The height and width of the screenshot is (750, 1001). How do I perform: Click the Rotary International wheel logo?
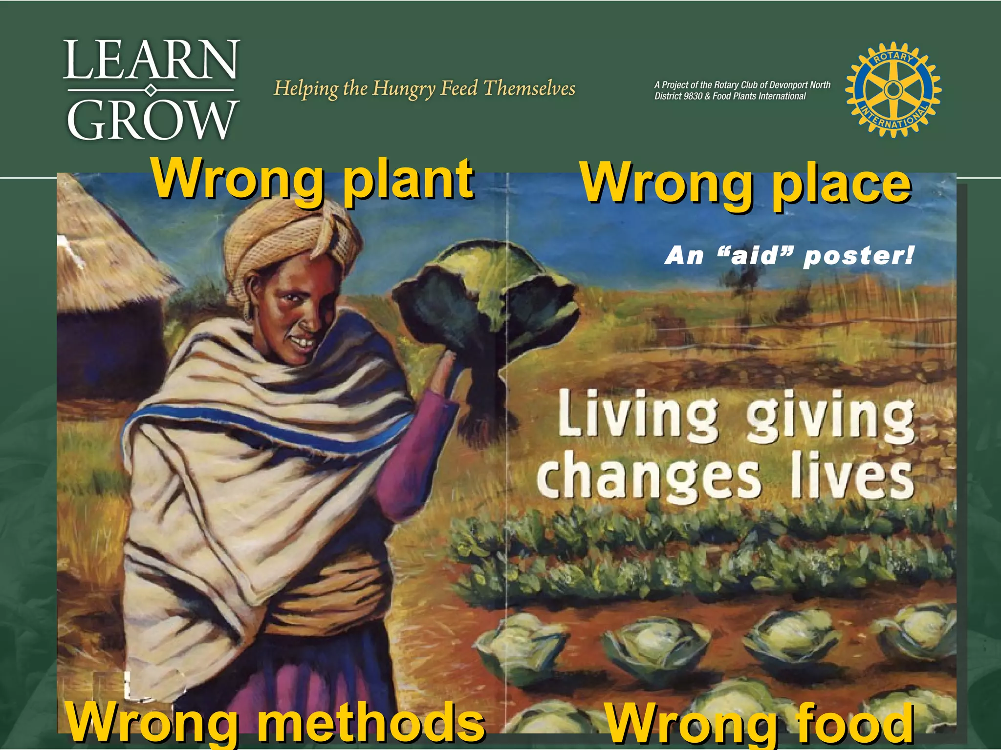click(x=893, y=89)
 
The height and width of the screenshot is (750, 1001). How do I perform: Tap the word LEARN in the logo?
click(x=151, y=60)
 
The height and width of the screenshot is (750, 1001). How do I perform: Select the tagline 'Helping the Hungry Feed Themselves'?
click(x=424, y=88)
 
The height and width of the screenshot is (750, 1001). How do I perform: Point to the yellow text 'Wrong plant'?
click(x=313, y=179)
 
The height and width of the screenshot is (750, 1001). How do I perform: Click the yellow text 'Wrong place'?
click(x=746, y=184)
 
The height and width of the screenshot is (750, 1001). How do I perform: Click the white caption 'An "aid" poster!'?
click(x=788, y=255)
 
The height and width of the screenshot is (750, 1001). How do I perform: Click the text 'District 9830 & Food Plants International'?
click(x=730, y=97)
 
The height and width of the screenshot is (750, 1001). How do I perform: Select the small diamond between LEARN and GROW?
click(x=151, y=90)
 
